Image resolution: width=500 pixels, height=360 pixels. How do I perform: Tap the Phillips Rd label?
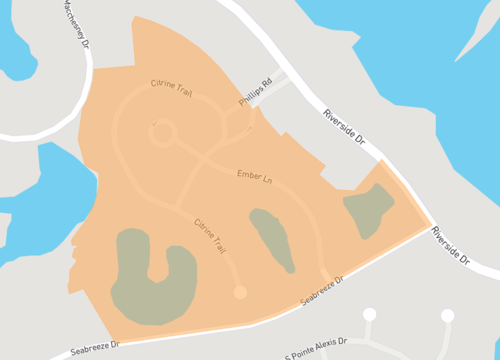[x=255, y=95]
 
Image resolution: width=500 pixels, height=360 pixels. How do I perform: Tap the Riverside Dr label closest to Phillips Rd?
[x=347, y=127]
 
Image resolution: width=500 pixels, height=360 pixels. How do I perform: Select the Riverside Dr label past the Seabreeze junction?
[x=450, y=246]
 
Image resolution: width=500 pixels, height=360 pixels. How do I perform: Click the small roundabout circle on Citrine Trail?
[x=162, y=132]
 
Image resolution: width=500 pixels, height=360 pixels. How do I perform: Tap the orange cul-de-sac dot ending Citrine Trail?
[x=239, y=291]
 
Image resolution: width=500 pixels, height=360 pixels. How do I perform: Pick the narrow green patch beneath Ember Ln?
[x=271, y=238]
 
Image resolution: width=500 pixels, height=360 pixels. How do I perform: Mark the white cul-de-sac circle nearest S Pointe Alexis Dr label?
[x=369, y=315]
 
